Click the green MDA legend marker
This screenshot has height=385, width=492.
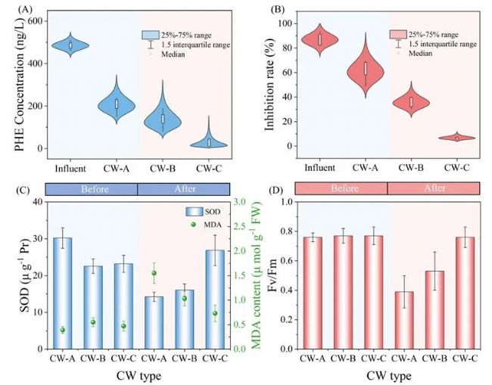point(193,224)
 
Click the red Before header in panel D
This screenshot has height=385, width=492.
point(341,190)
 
